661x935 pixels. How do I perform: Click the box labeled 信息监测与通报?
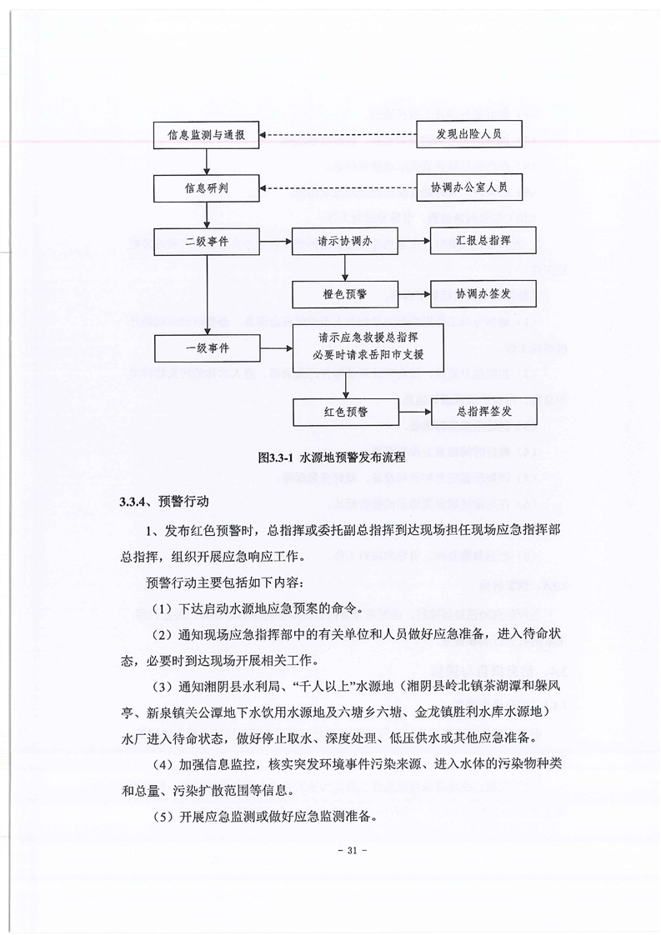[x=206, y=135]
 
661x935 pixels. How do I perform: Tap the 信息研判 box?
[x=206, y=188]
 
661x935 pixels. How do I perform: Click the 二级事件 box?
[x=206, y=242]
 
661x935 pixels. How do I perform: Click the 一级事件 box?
[x=206, y=347]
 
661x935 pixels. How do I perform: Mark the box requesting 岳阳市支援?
[x=367, y=347]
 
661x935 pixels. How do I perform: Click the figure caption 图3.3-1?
[x=331, y=457]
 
